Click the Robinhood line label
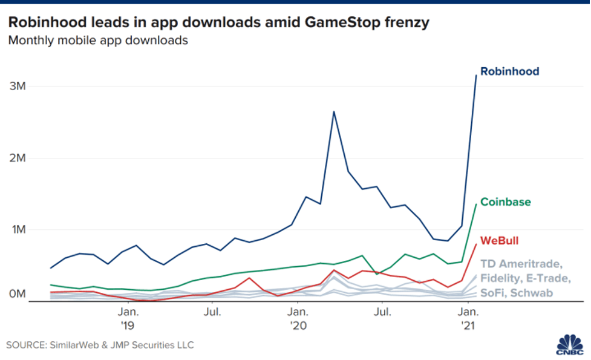click(x=509, y=71)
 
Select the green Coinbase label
click(x=506, y=201)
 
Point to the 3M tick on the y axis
click(x=18, y=86)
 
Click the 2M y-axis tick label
click(x=18, y=158)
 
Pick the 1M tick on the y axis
click(x=18, y=230)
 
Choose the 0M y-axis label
click(x=18, y=294)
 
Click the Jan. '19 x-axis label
click(x=127, y=318)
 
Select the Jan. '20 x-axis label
click(x=296, y=318)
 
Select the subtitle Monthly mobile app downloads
click(x=98, y=41)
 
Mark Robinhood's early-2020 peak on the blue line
click(x=333, y=111)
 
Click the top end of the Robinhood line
click(x=476, y=76)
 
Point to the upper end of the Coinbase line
click(x=476, y=204)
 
